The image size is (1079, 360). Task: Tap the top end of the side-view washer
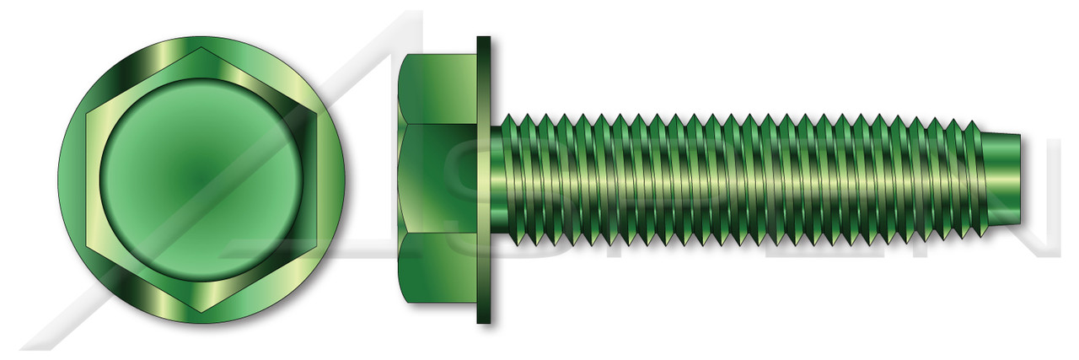point(484,39)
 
